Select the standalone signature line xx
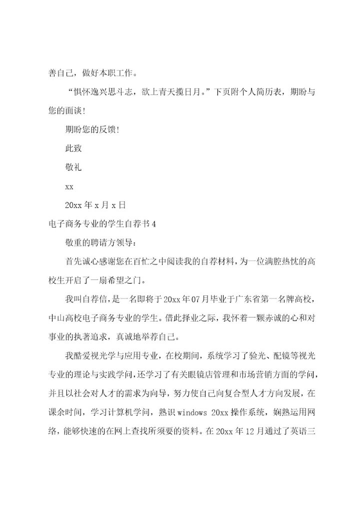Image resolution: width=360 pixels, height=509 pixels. [69, 186]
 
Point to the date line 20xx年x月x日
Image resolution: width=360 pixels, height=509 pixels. [95, 205]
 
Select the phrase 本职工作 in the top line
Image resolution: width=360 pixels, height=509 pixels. [116, 73]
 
